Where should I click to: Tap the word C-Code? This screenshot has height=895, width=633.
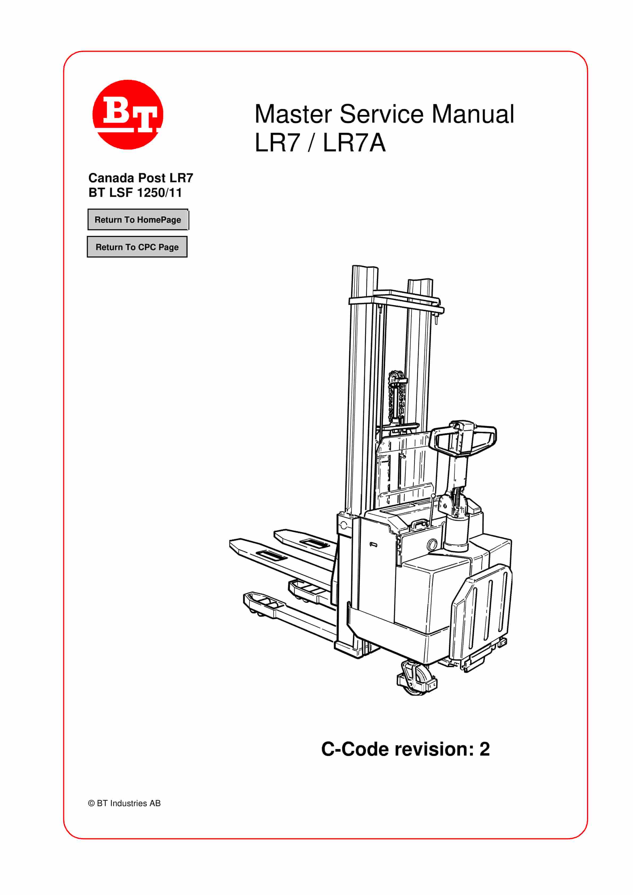[356, 749]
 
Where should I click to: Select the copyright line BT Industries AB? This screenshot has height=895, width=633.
[124, 803]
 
